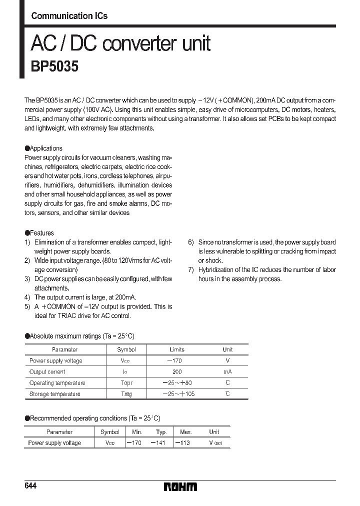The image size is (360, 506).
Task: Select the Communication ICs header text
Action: [x=69, y=16]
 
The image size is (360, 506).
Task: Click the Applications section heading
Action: [x=45, y=148]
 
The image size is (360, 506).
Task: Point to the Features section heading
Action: [x=41, y=233]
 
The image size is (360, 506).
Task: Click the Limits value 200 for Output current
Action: [x=177, y=372]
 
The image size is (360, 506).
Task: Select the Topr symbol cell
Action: [x=126, y=383]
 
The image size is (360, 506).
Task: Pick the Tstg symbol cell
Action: [x=126, y=394]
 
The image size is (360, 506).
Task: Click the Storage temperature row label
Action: [x=54, y=394]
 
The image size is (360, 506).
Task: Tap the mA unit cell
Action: [x=227, y=372]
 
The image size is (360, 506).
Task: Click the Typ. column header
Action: [x=161, y=431]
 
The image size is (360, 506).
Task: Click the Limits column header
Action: [x=177, y=350]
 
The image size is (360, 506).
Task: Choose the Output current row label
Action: [x=47, y=372]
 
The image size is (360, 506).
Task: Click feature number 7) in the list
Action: [x=190, y=270]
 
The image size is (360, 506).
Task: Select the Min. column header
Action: [x=137, y=431]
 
